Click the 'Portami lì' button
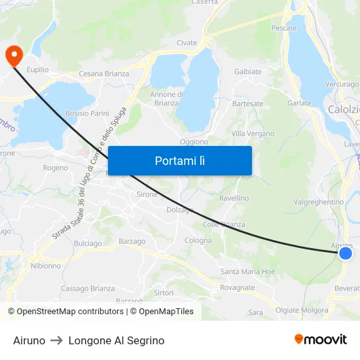tap(179, 160)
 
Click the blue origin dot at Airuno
tap(346, 253)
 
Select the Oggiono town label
tap(194, 141)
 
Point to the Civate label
tap(187, 43)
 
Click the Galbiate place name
tap(247, 72)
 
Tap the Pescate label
tap(284, 28)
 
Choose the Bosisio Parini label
tap(87, 113)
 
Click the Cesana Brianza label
tap(103, 74)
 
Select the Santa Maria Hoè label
tap(248, 272)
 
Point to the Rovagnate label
tap(237, 288)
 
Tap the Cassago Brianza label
tap(88, 289)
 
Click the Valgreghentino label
tap(319, 202)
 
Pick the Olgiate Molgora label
tap(302, 310)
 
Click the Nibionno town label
tap(46, 266)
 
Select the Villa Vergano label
tap(253, 134)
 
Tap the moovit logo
tap(320, 340)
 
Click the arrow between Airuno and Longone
tap(57, 341)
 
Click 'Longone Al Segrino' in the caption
tap(117, 341)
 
